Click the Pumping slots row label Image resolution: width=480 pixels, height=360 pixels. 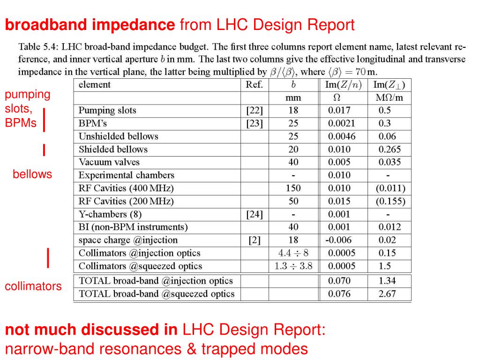(107, 111)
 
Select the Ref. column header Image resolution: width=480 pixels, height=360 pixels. (255, 85)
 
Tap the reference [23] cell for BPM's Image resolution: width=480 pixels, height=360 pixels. (255, 124)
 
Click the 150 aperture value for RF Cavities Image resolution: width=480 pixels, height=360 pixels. (293, 188)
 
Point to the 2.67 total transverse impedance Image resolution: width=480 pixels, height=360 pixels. (387, 294)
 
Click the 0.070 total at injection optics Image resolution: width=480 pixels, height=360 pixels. (339, 281)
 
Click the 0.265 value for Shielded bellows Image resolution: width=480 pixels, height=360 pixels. (390, 150)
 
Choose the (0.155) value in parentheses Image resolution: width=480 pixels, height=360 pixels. (390, 202)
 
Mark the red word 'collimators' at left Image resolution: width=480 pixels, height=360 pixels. (33, 286)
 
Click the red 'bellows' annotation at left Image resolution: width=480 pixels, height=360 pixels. (32, 174)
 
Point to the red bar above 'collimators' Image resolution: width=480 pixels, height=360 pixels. (48, 258)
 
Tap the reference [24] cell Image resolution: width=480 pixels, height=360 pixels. (255, 214)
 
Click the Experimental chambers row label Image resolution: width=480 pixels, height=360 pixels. (127, 175)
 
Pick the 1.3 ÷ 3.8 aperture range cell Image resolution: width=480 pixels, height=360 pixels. (293, 266)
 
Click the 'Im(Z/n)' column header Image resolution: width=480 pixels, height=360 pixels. (343, 85)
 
